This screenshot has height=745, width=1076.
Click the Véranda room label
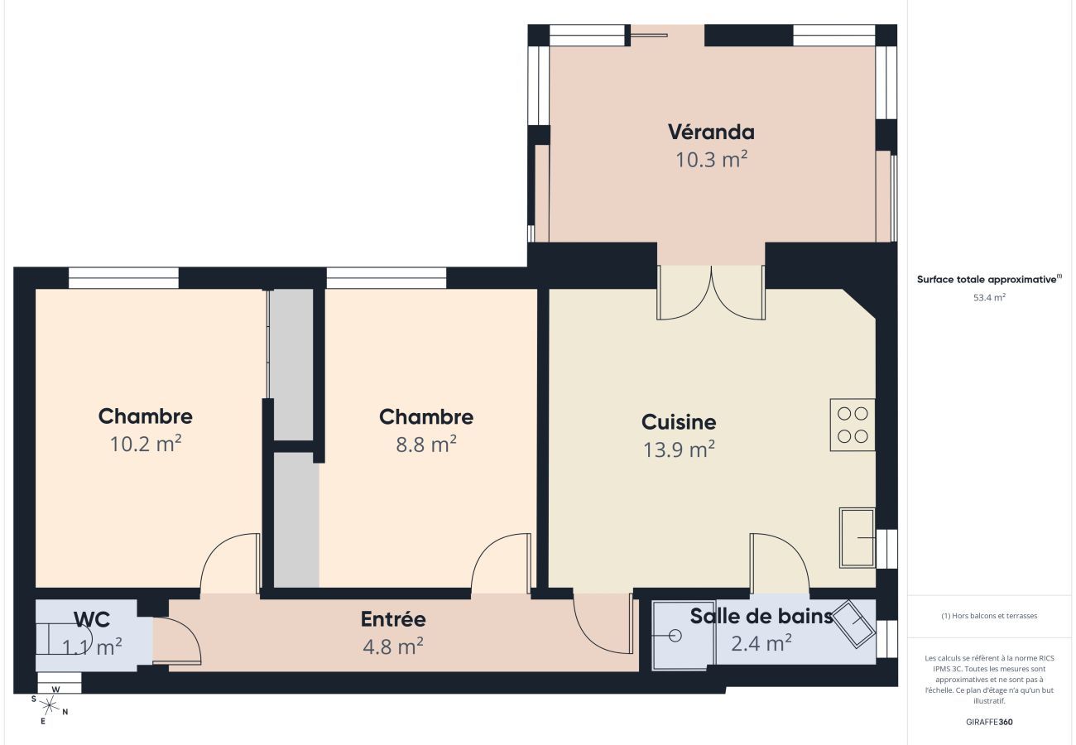(x=711, y=132)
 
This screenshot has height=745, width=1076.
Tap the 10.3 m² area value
(x=711, y=160)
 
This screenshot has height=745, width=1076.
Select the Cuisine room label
(x=679, y=422)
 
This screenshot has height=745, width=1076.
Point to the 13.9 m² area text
(x=679, y=449)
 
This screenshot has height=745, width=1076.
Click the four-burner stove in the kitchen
(x=853, y=425)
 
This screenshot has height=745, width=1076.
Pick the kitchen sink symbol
(x=857, y=537)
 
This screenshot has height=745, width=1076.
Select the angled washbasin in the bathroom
(x=853, y=625)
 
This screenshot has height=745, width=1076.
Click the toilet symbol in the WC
(x=65, y=642)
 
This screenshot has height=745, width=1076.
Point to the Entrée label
(x=393, y=619)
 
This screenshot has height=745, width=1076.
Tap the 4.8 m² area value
(x=393, y=646)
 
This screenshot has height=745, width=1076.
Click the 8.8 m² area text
(x=426, y=445)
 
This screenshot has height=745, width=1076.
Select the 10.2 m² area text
(x=146, y=444)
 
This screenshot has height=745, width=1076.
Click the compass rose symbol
(x=50, y=705)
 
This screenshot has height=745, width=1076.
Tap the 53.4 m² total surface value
(x=989, y=297)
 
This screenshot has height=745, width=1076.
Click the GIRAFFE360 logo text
(x=989, y=722)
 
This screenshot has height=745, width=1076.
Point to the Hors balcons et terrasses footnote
(x=989, y=616)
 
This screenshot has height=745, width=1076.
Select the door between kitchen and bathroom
(x=779, y=564)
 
